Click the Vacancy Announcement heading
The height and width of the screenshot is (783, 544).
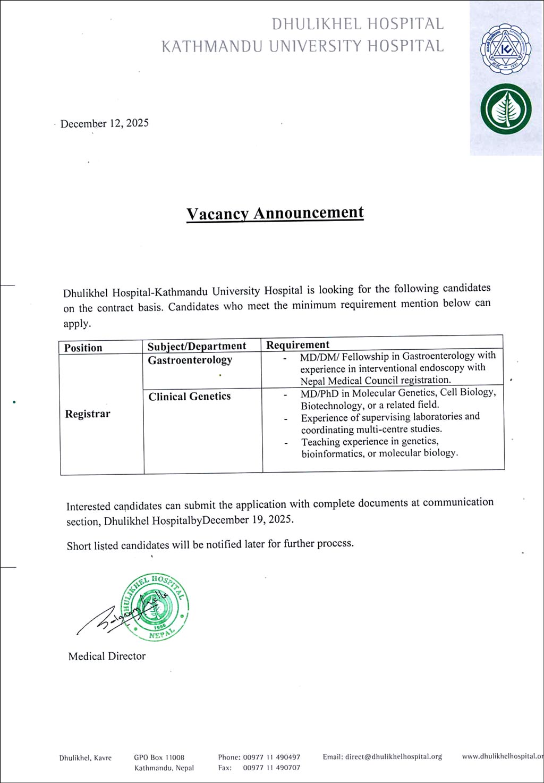[275, 213]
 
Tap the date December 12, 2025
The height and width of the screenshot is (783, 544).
[104, 123]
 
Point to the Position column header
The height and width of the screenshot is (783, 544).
[83, 348]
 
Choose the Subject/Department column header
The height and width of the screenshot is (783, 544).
[197, 346]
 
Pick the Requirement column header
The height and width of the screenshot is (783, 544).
[297, 344]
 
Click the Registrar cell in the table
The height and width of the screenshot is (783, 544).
[88, 414]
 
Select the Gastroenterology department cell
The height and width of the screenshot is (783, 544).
[190, 360]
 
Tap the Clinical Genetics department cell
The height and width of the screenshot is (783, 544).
[189, 396]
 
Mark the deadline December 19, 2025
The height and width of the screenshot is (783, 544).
[248, 519]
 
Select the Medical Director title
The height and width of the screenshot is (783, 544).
[107, 656]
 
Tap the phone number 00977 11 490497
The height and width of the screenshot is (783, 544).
[271, 757]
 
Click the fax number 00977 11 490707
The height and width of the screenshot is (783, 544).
[271, 768]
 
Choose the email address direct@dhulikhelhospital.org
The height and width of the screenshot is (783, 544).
[393, 756]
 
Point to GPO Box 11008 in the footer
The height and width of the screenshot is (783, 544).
[159, 757]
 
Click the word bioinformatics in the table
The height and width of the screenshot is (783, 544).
[333, 453]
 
